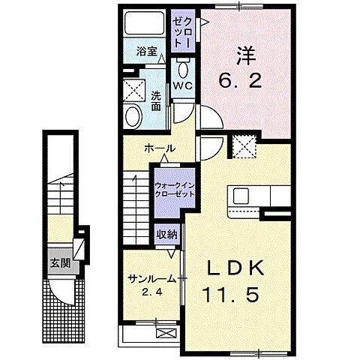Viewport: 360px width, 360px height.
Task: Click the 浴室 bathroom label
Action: point(146,52)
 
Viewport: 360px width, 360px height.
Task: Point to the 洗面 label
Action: point(155,101)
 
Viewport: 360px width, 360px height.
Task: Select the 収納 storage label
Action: point(167,234)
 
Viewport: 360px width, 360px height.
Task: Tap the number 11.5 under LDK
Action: point(231,295)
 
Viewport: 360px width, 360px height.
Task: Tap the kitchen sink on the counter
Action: point(241,196)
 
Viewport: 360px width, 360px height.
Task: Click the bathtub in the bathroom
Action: point(144,25)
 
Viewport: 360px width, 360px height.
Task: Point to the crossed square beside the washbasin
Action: point(135,91)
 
